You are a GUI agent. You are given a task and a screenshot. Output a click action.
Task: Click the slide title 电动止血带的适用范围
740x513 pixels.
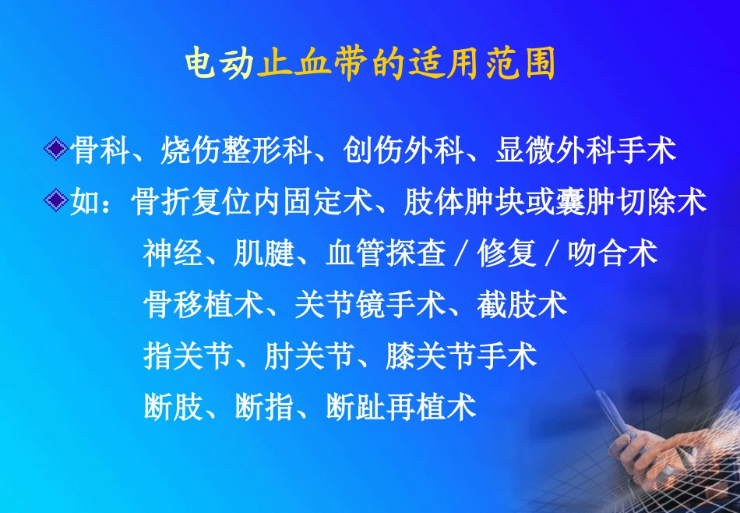(x=370, y=64)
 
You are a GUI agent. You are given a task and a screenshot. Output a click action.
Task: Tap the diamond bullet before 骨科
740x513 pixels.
(x=55, y=150)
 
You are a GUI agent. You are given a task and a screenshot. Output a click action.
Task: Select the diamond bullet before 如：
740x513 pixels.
(x=55, y=201)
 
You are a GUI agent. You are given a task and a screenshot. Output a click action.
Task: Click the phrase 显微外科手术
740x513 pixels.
(x=586, y=150)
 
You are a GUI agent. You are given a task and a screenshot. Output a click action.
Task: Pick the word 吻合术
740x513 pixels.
(x=613, y=253)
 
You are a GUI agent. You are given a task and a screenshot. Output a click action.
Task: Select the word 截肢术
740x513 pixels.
(x=523, y=304)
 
